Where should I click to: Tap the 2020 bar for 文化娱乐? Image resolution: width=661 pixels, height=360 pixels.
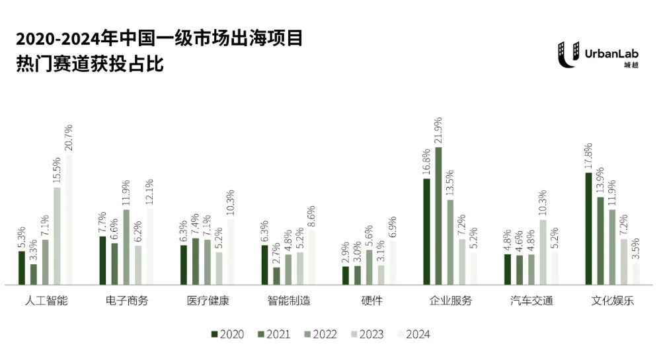[x=589, y=229]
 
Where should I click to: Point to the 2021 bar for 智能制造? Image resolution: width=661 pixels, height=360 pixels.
[x=276, y=276]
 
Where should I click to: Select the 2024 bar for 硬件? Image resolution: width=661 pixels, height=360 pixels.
[x=393, y=263]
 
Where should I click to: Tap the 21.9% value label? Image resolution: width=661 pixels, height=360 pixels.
[x=438, y=131]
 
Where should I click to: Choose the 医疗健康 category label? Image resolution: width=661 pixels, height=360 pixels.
[x=208, y=301]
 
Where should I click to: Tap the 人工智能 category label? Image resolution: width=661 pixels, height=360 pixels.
[x=46, y=301]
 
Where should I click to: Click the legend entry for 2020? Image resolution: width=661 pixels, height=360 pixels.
[x=227, y=334]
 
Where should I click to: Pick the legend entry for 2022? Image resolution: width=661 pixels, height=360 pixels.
[x=321, y=334]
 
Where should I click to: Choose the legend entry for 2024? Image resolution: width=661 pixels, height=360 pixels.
[x=413, y=334]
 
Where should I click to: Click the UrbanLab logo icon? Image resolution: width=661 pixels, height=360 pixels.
[x=567, y=54]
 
